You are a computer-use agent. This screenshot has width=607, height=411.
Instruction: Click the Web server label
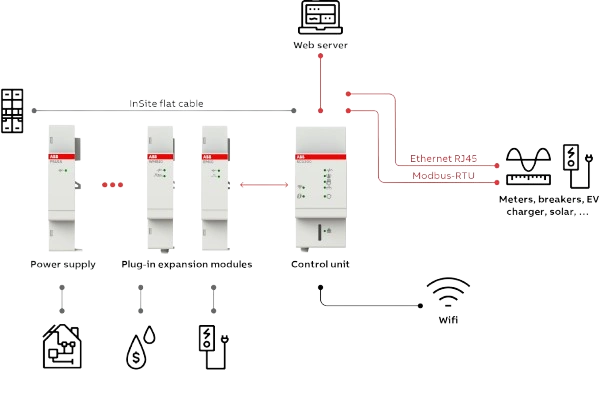[321, 46]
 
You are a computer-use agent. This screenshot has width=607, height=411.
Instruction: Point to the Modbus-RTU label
[443, 176]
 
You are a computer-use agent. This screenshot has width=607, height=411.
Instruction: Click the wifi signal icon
[447, 293]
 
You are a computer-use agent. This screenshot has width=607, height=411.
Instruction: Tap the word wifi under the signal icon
[447, 322]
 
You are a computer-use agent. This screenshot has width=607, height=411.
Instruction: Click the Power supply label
[62, 264]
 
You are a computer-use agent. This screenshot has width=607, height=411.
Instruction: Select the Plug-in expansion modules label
[187, 264]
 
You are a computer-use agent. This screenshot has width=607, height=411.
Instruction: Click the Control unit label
[321, 264]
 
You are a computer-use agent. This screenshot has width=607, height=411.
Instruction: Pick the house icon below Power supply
[62, 343]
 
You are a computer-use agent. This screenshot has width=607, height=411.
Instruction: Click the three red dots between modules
[112, 185]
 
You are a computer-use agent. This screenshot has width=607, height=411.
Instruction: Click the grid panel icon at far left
[13, 110]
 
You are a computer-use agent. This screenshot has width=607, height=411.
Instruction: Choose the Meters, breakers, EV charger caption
[549, 205]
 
